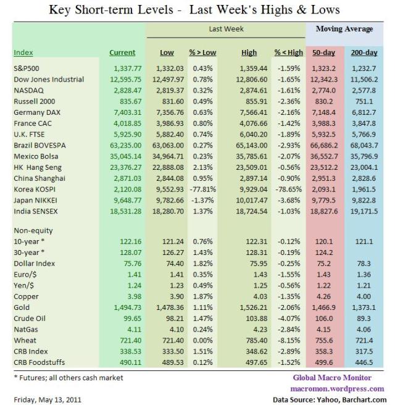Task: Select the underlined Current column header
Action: pyautogui.click(x=122, y=53)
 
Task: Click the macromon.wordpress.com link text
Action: pyautogui.click(x=336, y=388)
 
